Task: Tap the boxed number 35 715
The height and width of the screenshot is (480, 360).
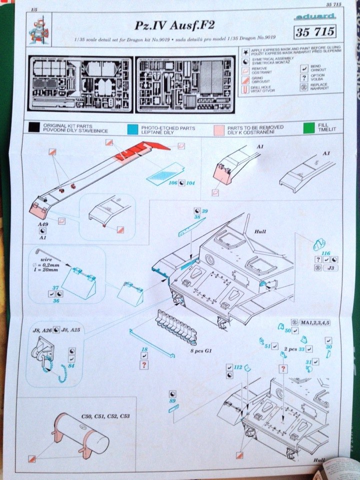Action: (315, 31)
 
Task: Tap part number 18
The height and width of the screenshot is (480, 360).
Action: (144, 348)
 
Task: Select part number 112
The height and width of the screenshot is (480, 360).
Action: (237, 367)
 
